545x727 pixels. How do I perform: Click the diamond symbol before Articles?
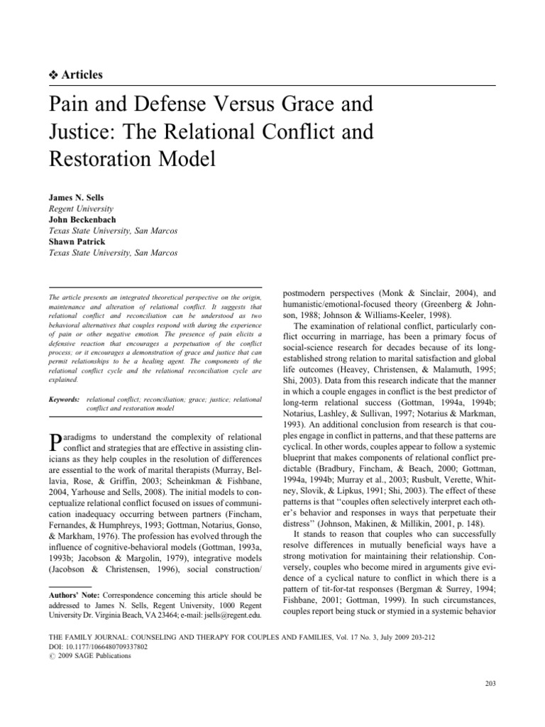click(x=53, y=74)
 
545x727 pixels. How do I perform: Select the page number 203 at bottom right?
click(x=490, y=683)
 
